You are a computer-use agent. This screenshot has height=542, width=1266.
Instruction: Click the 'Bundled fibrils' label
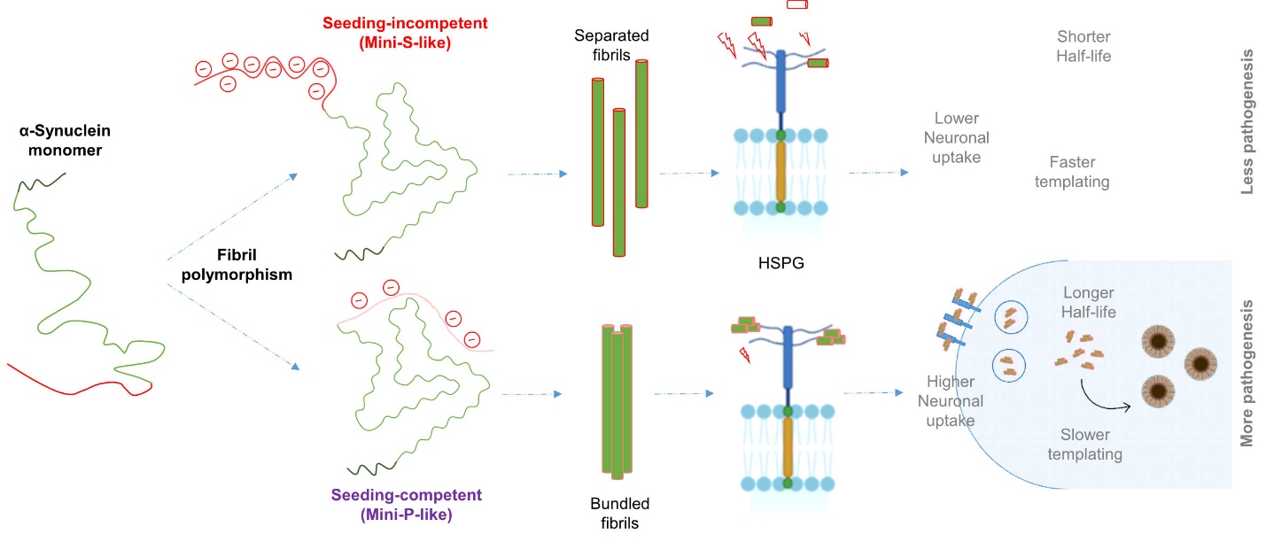click(x=619, y=513)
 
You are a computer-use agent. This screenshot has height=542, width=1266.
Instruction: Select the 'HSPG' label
click(x=781, y=263)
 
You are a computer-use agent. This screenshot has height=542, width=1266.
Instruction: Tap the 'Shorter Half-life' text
click(x=1083, y=46)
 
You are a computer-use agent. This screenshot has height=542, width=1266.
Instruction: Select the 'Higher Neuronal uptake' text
click(x=950, y=401)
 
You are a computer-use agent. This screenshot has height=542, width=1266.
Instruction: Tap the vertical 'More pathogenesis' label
click(x=1249, y=372)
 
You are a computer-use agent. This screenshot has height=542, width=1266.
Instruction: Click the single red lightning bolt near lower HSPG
click(x=745, y=355)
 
